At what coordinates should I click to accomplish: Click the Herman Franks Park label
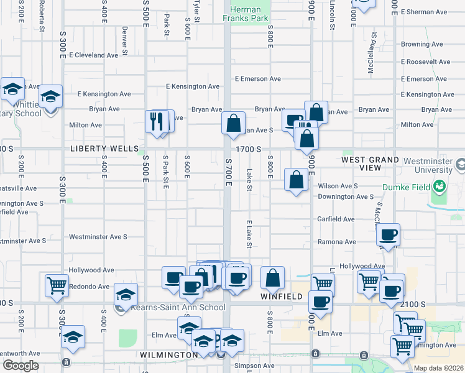[x=249, y=14]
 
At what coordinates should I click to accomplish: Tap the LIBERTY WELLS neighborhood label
[x=104, y=149]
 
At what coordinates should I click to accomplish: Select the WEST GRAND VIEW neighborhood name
[x=371, y=164]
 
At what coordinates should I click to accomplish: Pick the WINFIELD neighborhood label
[x=281, y=297]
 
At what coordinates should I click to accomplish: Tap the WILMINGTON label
[x=168, y=355]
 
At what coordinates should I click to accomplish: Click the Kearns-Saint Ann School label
[x=178, y=307]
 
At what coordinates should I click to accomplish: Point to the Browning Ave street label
[x=424, y=45]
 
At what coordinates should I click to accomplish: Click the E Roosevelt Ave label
[x=426, y=62]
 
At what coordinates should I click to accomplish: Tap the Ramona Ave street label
[x=337, y=242]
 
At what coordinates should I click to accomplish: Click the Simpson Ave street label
[x=254, y=366]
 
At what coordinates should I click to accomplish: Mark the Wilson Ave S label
[x=338, y=186]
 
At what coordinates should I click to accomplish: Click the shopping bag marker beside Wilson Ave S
[x=297, y=180]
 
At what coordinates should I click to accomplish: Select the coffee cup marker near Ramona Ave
[x=389, y=235]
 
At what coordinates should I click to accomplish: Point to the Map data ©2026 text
[x=439, y=368]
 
